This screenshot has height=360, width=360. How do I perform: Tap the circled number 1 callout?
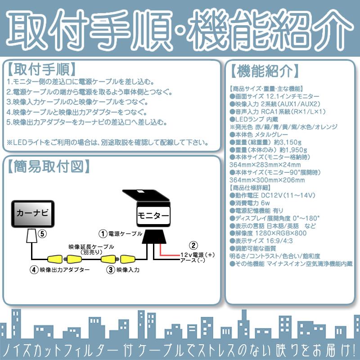[103, 234]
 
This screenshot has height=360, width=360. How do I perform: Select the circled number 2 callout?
[193, 246]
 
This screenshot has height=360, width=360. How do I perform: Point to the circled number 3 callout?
[110, 270]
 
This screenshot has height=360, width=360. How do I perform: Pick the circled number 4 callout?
[33, 270]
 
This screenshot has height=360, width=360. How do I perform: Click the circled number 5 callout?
[42, 234]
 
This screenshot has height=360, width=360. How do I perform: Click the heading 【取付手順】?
[41, 70]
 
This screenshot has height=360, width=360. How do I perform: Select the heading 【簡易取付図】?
[47, 166]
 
